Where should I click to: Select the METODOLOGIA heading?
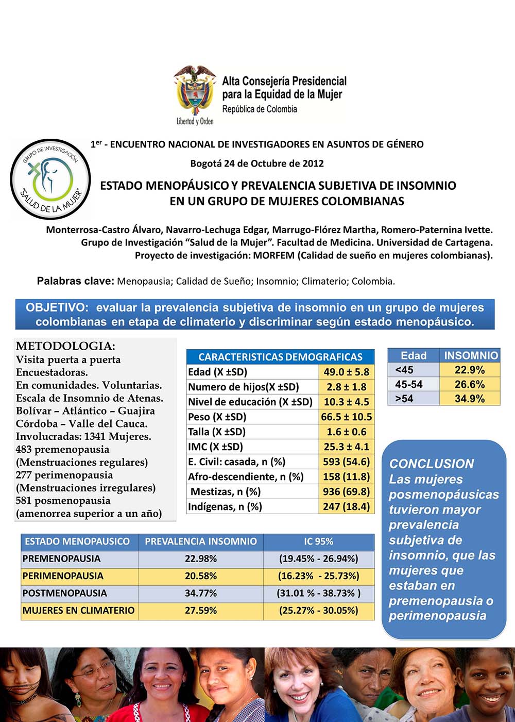pos(65,346)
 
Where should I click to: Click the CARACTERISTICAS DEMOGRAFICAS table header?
pos(280,357)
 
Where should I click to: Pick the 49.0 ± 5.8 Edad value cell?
pos(346,372)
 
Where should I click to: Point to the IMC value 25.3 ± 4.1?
pos(346,447)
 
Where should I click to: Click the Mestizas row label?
pos(226,491)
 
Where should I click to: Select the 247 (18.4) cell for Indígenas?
pos(346,506)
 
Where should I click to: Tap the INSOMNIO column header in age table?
pos(471,355)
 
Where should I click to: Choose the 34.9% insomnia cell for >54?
pos(470,399)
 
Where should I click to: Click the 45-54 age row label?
pos(409,384)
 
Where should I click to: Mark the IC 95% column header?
pos(318,541)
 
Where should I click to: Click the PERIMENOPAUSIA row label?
pos(63,576)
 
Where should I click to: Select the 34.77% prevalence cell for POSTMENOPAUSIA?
pos(200,593)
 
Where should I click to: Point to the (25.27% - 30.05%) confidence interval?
pos(318,611)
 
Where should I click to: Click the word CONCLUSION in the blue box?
pos(432,464)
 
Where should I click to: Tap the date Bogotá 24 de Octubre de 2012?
pos(257,163)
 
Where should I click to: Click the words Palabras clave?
pos(75,281)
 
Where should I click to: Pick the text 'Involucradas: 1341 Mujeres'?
pos(83,436)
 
